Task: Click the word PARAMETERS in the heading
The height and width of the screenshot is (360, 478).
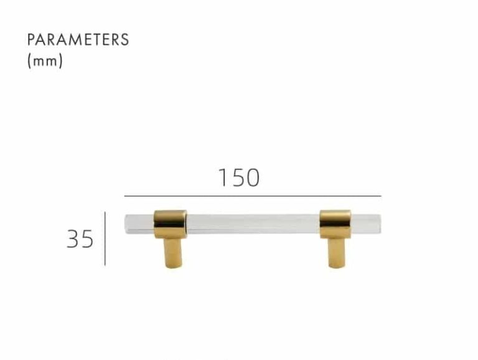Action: pyautogui.click(x=78, y=40)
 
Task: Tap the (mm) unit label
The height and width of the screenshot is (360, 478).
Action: pyautogui.click(x=45, y=60)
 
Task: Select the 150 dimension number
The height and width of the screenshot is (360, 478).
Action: pyautogui.click(x=239, y=178)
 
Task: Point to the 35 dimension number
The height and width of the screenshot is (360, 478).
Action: pyautogui.click(x=80, y=239)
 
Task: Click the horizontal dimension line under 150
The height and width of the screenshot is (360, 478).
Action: pyautogui.click(x=253, y=196)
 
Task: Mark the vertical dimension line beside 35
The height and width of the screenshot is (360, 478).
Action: pyautogui.click(x=105, y=239)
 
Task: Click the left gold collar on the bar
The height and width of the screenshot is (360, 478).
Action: pyautogui.click(x=171, y=224)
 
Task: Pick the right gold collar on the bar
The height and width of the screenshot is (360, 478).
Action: pyautogui.click(x=335, y=224)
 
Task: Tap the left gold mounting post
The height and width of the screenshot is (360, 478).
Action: pyautogui.click(x=174, y=253)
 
